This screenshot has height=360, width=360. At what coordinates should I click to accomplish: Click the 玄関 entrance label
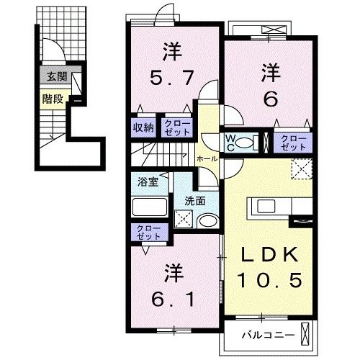53,76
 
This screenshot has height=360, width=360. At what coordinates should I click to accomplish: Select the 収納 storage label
143,127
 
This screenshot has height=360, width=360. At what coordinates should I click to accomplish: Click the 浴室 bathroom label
148,182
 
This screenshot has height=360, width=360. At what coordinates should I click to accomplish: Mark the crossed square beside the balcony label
307,335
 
